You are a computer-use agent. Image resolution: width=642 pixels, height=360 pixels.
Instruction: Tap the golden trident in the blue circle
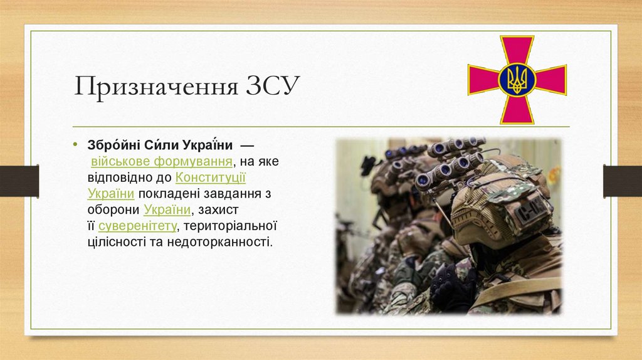click(x=517, y=80)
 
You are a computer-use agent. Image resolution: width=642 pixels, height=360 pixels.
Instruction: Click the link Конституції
click(x=211, y=177)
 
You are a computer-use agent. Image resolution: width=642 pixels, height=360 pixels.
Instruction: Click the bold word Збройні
click(x=110, y=146)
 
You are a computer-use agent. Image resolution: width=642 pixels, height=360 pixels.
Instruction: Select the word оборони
click(x=113, y=209)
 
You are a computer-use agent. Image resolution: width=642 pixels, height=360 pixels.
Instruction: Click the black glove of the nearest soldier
click(x=451, y=285)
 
